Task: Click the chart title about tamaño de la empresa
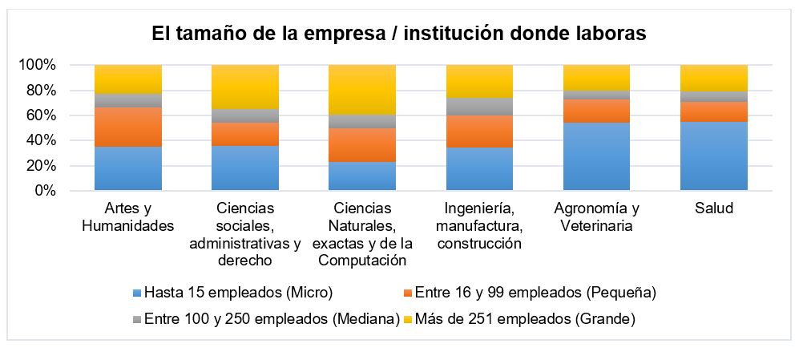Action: point(399,34)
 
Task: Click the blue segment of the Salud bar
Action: point(713,156)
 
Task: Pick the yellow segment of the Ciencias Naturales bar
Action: point(362,89)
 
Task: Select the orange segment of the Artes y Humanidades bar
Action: point(128,127)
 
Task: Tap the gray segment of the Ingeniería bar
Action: point(479,107)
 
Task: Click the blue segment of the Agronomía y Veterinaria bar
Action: point(596,156)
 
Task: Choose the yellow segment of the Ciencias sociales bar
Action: point(245,87)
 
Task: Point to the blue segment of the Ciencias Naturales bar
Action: point(362,176)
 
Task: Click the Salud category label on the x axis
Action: point(713,208)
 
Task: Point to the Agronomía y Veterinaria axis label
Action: point(596,216)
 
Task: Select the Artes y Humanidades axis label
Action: point(128,216)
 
